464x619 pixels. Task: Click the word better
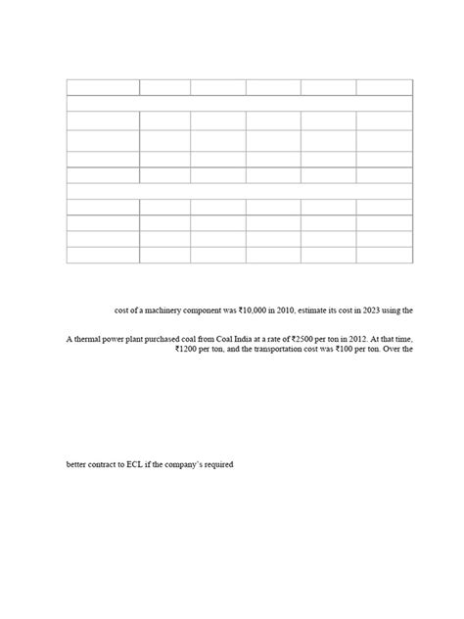pos(76,464)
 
